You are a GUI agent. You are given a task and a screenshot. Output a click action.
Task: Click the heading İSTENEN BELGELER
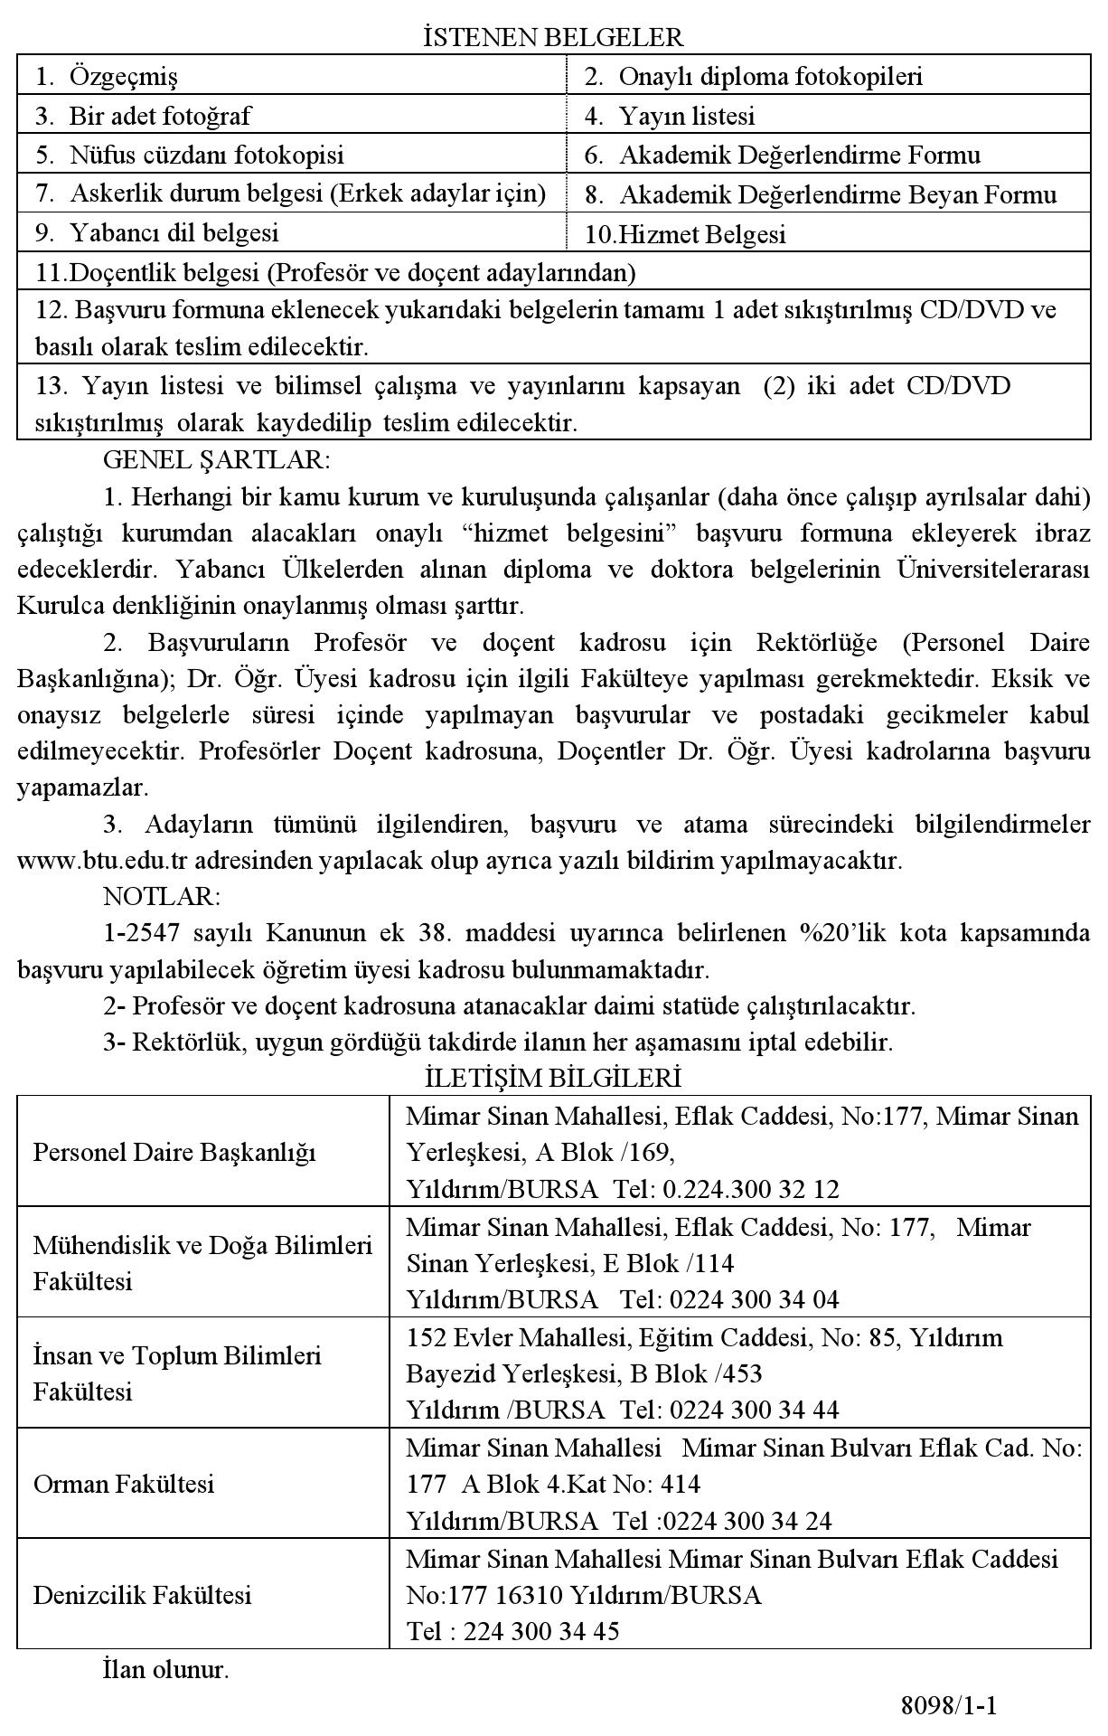(x=553, y=37)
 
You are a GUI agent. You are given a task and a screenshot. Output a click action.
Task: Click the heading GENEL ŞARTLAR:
(x=217, y=460)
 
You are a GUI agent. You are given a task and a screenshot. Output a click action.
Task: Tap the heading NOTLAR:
(x=162, y=896)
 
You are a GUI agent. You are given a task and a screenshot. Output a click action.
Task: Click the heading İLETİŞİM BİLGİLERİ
(x=553, y=1078)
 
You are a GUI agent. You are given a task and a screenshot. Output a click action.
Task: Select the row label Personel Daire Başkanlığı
(x=174, y=1152)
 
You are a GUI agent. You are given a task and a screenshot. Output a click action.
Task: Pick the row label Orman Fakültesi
(x=124, y=1484)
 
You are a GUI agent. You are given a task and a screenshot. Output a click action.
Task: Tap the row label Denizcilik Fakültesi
(x=142, y=1594)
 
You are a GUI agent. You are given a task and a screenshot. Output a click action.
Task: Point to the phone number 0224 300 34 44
(x=755, y=1410)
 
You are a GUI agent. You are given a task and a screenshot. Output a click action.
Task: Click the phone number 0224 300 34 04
(x=755, y=1299)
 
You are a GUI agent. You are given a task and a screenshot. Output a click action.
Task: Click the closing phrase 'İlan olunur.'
(x=165, y=1669)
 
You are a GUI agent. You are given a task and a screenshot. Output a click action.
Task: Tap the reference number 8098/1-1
(x=948, y=1706)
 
